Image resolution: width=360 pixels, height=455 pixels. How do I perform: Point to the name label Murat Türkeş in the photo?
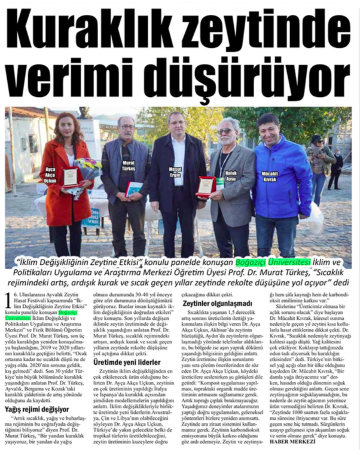[127, 166]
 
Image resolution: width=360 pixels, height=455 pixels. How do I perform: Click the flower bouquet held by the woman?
[89, 167]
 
